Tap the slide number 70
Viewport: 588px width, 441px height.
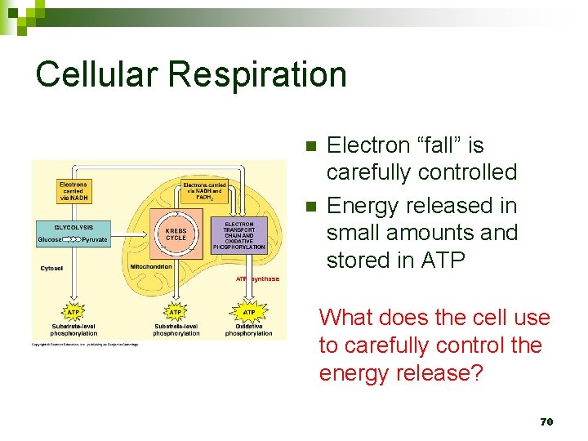pos(546,421)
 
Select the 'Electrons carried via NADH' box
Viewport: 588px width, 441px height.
pos(73,191)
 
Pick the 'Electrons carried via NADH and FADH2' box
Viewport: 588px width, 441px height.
pos(204,191)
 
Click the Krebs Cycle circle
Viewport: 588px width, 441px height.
pos(176,234)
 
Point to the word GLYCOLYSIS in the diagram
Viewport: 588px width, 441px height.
pos(73,227)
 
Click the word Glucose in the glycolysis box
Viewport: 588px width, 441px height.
pos(51,240)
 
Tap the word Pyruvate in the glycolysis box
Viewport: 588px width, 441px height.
pos(95,240)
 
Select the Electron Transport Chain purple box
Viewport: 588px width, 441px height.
pos(239,235)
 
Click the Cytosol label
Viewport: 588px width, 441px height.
pos(53,268)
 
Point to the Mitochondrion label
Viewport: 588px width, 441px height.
pos(150,267)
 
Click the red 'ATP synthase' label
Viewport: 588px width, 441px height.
pos(257,279)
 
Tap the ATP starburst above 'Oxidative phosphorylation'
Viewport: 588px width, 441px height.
pos(249,312)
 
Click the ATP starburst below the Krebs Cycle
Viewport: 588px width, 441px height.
pos(175,312)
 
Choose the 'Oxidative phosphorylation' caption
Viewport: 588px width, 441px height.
pos(249,330)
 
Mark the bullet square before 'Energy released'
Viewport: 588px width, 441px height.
pos(310,205)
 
